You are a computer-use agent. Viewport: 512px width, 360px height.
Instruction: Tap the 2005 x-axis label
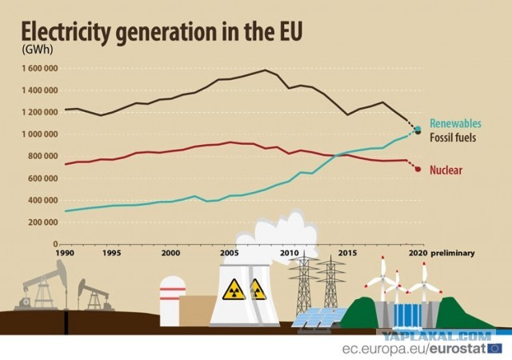230,253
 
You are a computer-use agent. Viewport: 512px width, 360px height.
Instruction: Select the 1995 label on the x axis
111,253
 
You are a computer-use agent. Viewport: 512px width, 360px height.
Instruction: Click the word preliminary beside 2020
453,253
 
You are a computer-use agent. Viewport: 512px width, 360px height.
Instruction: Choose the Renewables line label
455,123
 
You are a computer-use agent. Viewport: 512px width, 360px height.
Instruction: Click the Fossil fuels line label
453,138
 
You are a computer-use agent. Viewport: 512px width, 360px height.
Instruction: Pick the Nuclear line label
446,170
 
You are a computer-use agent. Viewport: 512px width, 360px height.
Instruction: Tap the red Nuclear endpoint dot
418,169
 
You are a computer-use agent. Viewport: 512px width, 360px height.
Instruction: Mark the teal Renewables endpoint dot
418,128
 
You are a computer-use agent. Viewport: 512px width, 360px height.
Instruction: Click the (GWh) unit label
38,50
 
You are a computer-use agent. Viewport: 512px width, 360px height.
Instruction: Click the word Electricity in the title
65,32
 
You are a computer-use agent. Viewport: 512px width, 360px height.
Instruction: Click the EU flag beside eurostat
494,348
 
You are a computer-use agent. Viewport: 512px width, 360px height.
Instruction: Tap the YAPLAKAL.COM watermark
438,335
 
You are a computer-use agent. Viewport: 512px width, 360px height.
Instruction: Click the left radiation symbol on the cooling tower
234,290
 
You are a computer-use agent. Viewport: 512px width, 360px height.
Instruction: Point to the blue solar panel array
318,318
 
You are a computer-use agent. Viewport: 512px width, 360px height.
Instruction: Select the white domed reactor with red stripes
173,301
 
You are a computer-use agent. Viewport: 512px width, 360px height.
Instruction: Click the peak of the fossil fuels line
265,70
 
